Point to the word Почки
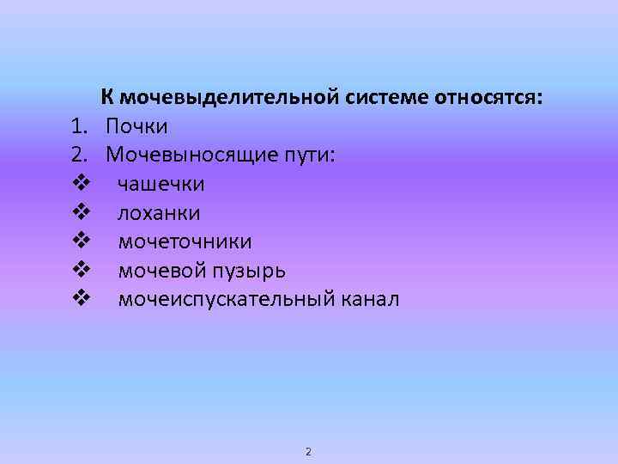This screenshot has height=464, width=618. (x=137, y=126)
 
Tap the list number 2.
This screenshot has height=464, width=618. (x=79, y=156)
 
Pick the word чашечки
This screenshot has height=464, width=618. (x=161, y=185)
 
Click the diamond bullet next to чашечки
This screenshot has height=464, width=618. (x=82, y=184)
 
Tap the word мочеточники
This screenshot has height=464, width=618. (x=185, y=242)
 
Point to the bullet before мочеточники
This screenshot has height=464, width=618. (x=82, y=241)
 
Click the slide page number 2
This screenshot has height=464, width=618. (x=309, y=451)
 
